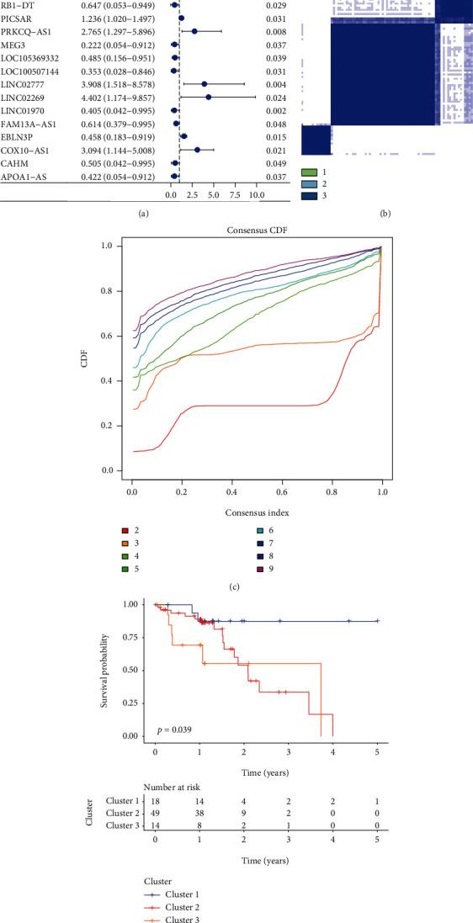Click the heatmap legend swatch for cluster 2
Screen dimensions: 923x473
(309, 184)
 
